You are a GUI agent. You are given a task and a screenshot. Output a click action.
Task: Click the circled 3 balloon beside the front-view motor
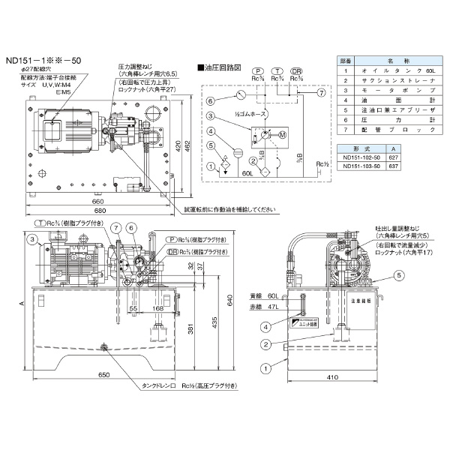click(34, 239)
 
